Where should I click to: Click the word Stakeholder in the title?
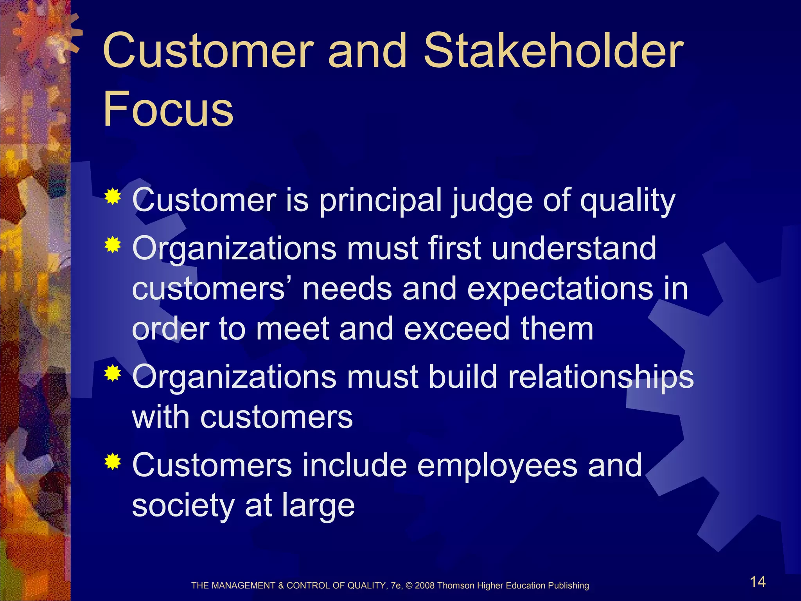(554, 51)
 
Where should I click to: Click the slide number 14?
(758, 582)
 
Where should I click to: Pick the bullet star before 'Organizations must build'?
(113, 373)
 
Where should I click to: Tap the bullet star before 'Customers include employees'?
(113, 462)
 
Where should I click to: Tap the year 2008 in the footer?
(425, 586)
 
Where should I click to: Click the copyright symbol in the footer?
(409, 586)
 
